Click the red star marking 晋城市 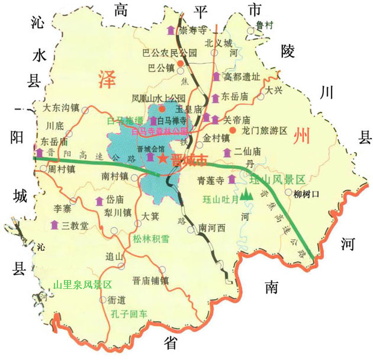tap(162, 159)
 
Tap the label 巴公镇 tap(159, 67)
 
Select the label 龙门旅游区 tap(265, 130)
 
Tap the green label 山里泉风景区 tap(82, 285)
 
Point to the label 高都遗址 tap(240, 77)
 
